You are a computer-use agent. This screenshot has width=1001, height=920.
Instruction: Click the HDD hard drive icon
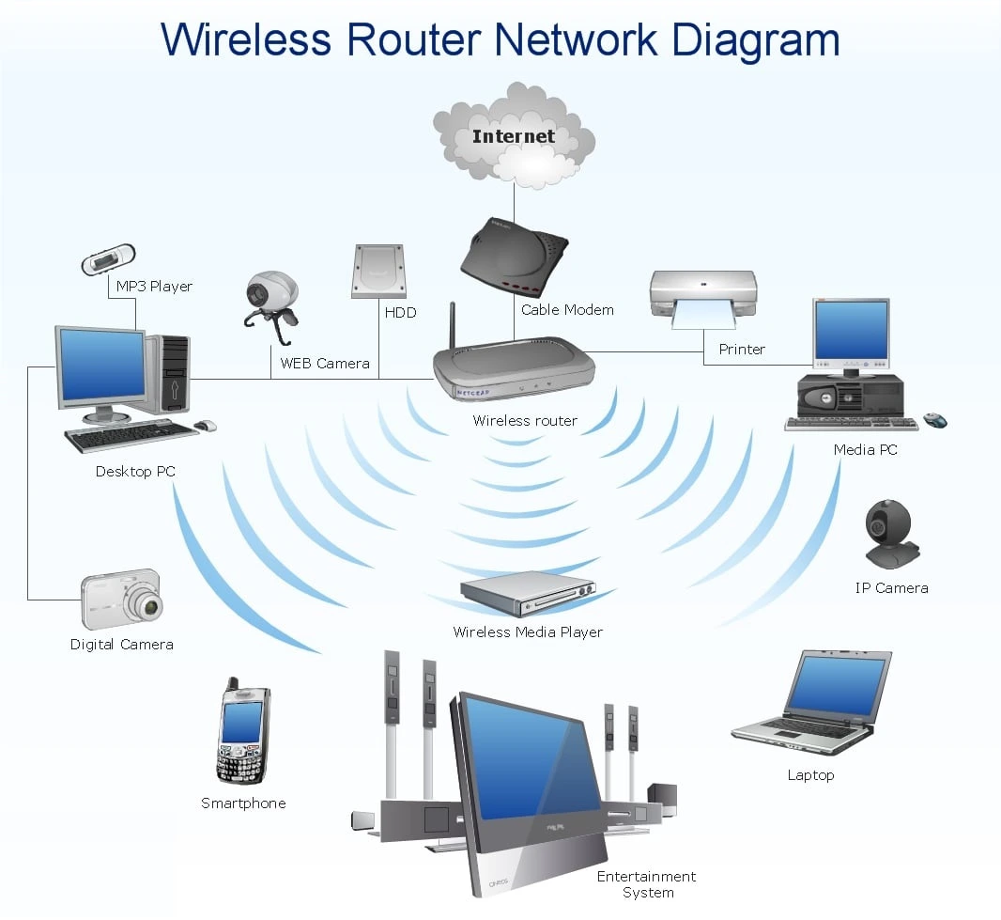(378, 272)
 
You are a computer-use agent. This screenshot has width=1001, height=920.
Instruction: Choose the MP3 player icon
(108, 259)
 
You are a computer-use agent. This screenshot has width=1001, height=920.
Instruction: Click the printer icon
(703, 297)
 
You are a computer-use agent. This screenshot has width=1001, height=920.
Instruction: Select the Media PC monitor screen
(851, 331)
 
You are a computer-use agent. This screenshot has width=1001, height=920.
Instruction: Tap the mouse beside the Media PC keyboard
(935, 420)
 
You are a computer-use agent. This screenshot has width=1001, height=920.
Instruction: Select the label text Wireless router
(525, 421)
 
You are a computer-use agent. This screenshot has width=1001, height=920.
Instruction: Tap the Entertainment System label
(647, 884)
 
